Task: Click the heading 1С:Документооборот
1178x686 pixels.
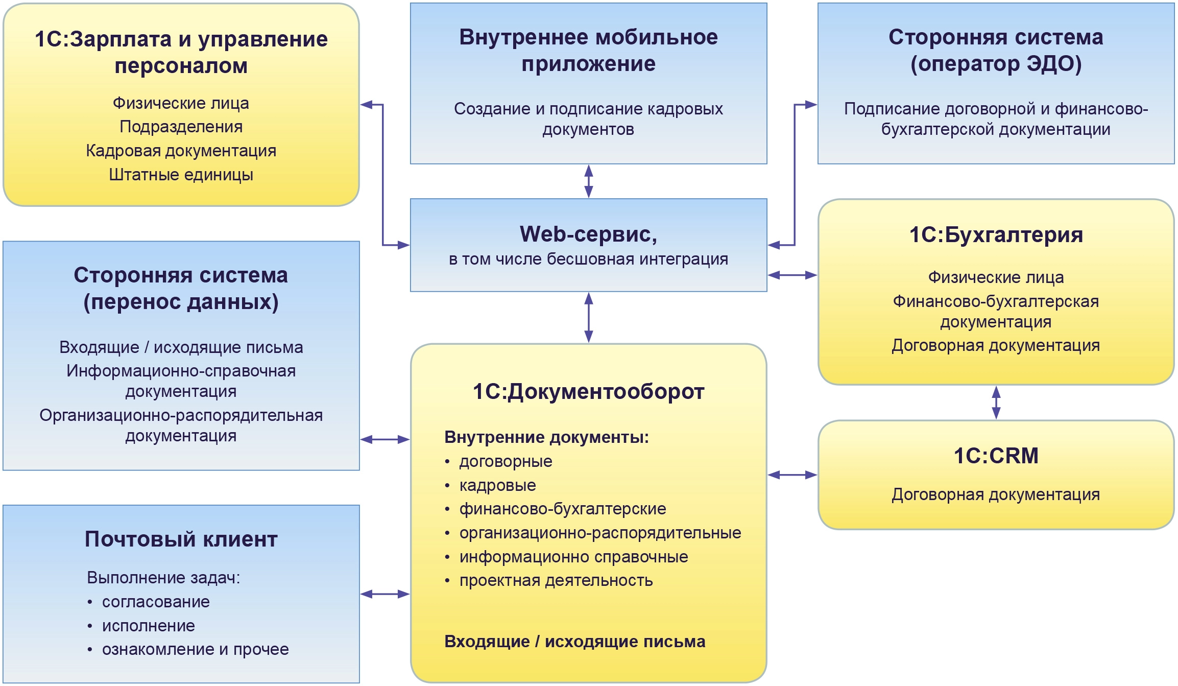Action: coord(588,392)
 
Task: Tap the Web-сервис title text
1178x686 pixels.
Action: coord(588,234)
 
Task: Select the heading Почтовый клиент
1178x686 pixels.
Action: coord(181,539)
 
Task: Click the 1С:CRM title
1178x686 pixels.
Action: coord(996,455)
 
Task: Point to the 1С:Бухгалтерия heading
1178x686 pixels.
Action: coord(996,235)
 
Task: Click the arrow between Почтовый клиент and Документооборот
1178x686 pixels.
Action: coord(385,594)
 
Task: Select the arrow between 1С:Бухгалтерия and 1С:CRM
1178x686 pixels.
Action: coord(996,403)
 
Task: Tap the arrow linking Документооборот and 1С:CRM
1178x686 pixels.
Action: coord(792,475)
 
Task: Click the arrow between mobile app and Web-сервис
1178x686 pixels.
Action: coord(588,181)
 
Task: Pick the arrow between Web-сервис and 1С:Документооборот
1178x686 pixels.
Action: coord(588,317)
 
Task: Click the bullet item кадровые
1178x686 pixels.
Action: coord(497,485)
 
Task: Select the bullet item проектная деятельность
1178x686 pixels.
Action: coord(556,581)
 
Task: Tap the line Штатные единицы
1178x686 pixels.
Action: coord(181,175)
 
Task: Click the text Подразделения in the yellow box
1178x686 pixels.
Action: coord(181,127)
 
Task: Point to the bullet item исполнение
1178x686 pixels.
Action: coord(148,626)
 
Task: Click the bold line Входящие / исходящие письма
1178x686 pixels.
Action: coord(574,642)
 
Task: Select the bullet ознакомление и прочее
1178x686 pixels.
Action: coord(195,649)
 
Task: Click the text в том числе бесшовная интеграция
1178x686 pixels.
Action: coord(588,259)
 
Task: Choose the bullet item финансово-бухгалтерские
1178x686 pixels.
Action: coord(562,509)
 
